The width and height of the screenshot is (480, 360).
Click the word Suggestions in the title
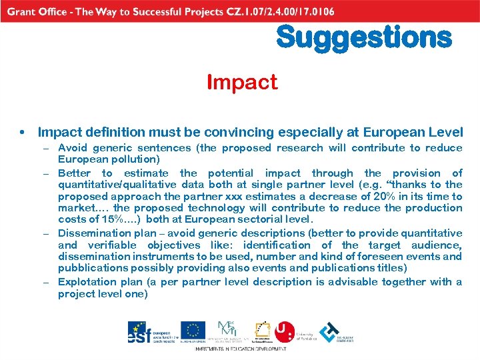pos(364,37)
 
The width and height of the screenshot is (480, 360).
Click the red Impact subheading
pos(241,83)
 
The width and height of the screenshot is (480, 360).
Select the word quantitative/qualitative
pos(117,184)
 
